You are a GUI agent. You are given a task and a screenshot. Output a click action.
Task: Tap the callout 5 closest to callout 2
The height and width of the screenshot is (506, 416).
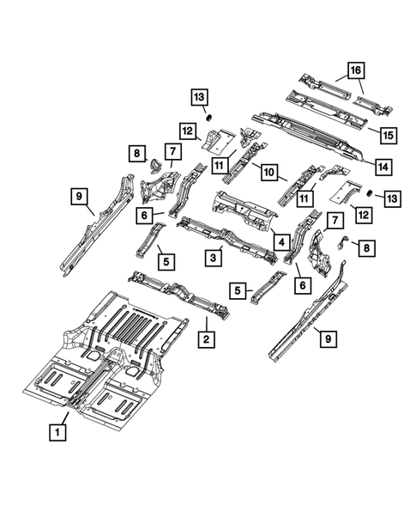point(237,291)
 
